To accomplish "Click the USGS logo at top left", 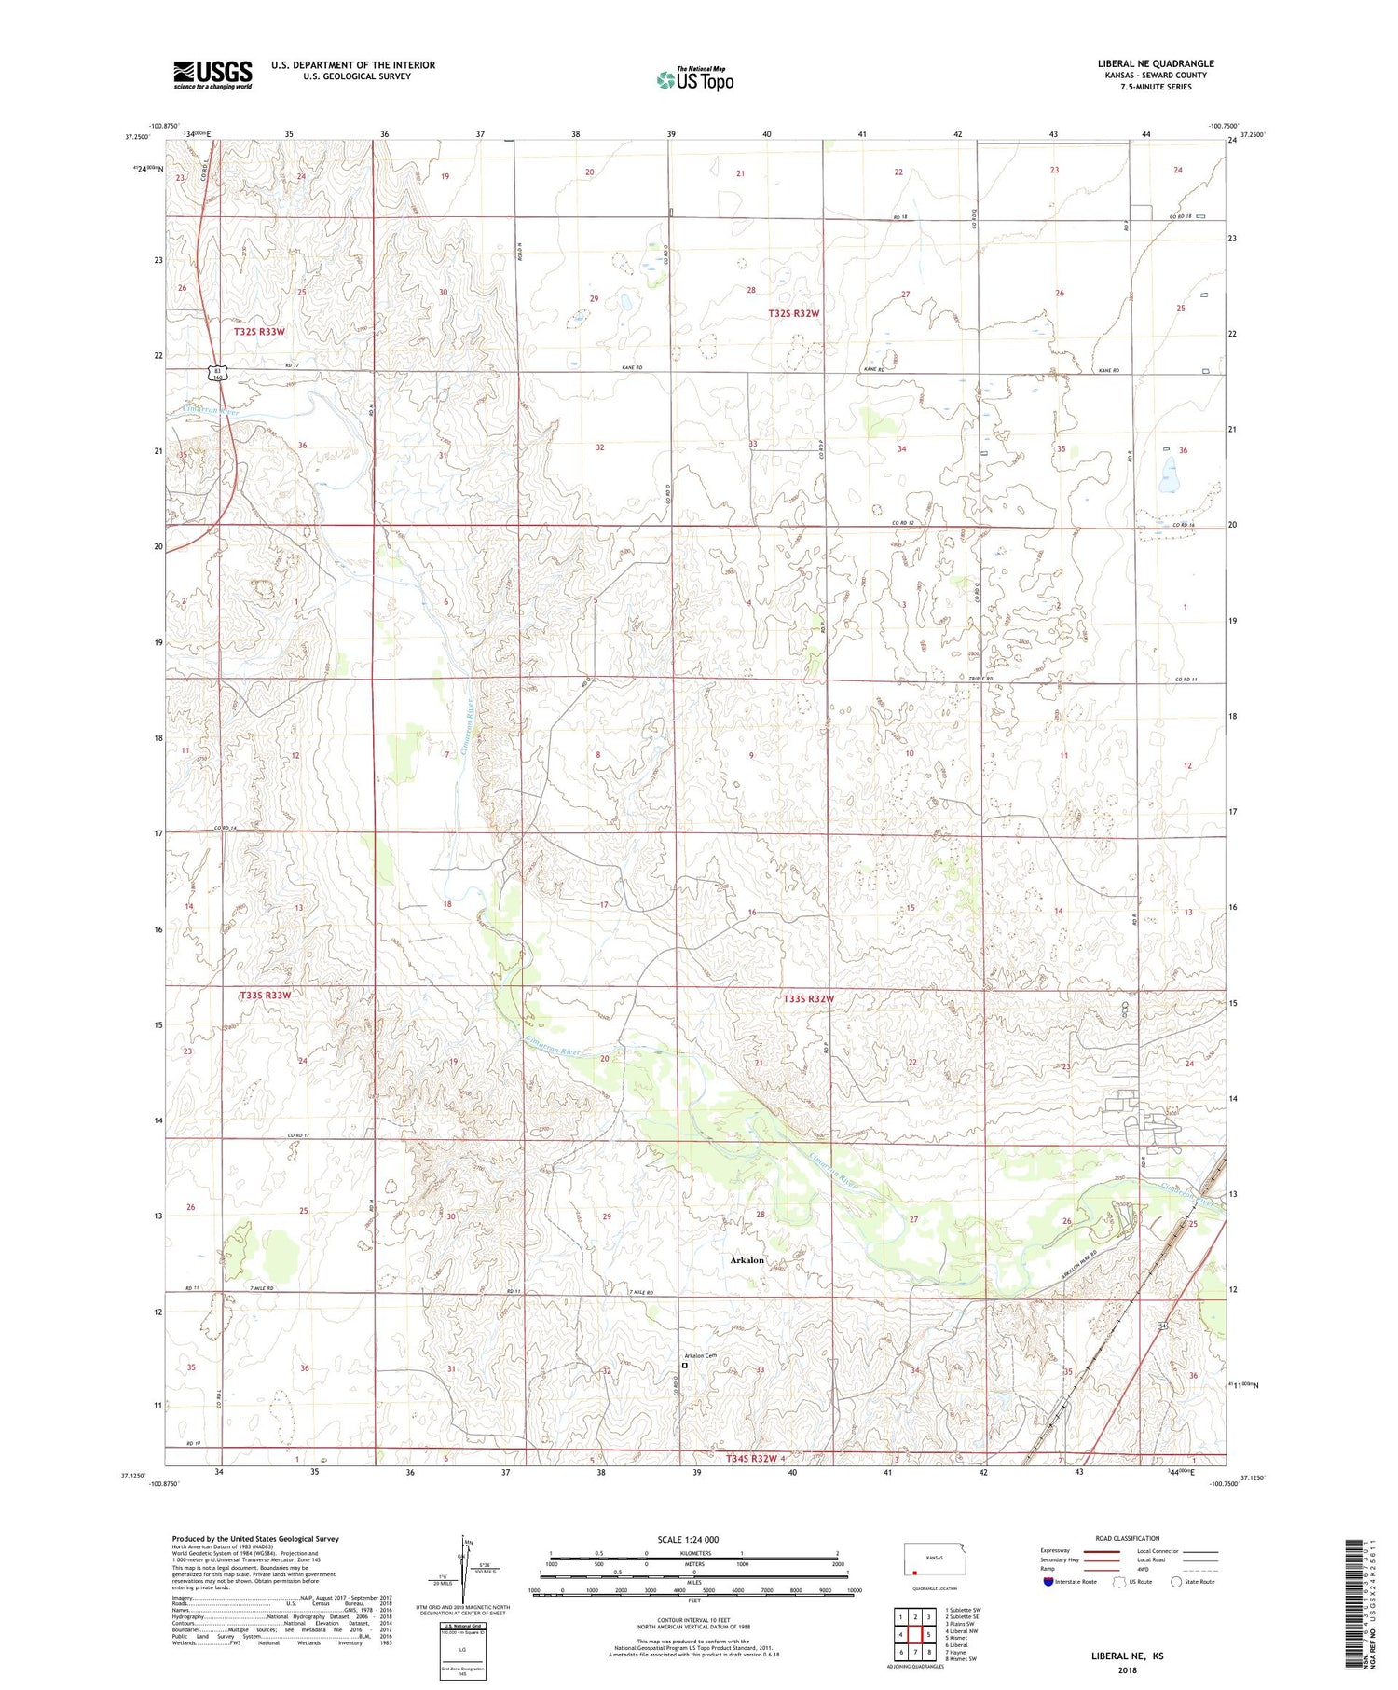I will [212, 75].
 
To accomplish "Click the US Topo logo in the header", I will [695, 80].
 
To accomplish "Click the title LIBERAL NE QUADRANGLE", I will [1155, 63].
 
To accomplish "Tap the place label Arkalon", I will [747, 1260].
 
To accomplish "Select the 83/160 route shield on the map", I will [217, 373].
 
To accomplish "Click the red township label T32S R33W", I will [260, 331].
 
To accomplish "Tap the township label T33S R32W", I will [808, 998].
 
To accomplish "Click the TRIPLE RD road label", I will [980, 679].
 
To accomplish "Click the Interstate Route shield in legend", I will [1048, 1581].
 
